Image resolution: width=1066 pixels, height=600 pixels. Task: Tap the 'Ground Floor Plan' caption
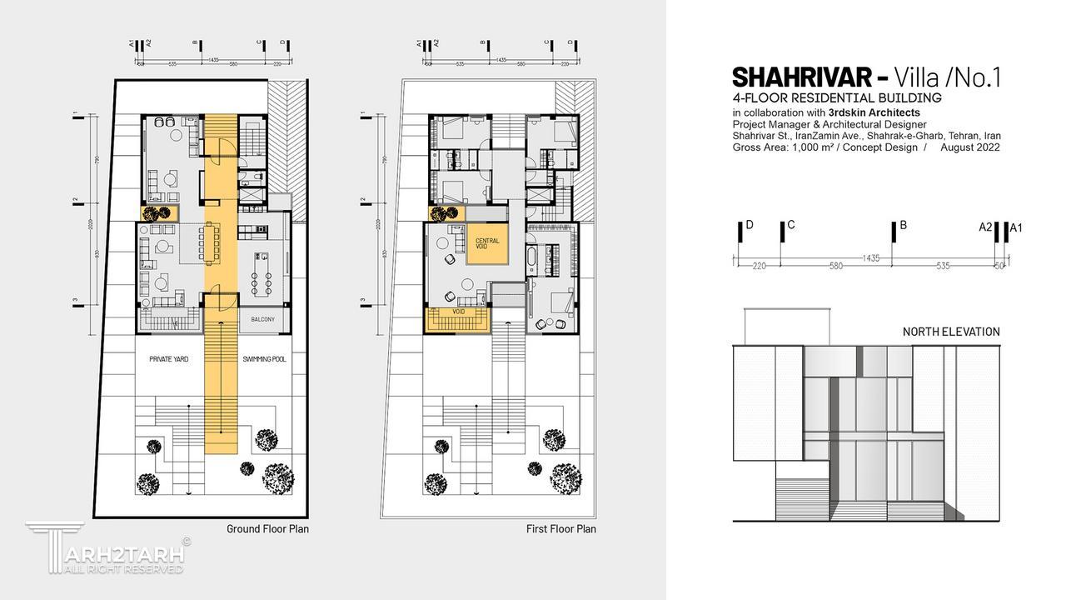point(267,528)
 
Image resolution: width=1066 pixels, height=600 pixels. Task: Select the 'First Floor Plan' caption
point(561,528)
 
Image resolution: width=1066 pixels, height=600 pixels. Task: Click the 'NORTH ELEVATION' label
point(951,332)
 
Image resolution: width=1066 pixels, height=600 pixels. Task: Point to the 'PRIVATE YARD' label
point(169,359)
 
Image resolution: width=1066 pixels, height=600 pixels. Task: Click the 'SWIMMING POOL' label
point(264,359)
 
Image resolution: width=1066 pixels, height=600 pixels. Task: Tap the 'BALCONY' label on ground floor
point(263,320)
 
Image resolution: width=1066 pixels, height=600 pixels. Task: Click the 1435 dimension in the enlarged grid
point(871,258)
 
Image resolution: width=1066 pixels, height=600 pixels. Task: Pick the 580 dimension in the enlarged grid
point(836,267)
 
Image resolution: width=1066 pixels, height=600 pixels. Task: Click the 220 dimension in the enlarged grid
point(759,267)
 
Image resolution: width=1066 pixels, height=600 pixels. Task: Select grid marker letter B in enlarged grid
point(903,225)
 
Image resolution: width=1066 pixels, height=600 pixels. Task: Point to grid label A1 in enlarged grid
point(1015,227)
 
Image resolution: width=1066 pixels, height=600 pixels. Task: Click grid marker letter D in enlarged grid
point(750,225)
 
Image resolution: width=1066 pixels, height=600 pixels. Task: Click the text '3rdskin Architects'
point(874,112)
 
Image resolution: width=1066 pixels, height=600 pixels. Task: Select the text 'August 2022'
point(970,147)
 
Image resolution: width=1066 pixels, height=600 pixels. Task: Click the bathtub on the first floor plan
point(531,257)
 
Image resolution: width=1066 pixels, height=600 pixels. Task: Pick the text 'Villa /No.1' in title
point(948,77)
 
